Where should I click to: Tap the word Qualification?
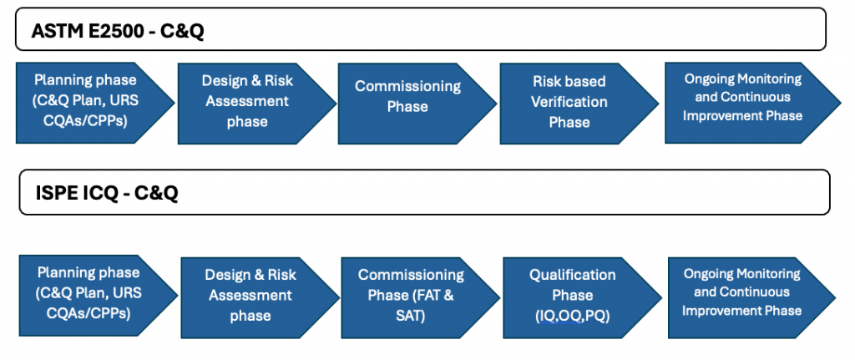572,275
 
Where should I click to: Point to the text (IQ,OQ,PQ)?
572,316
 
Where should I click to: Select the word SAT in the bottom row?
410,316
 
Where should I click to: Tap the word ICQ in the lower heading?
99,193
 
